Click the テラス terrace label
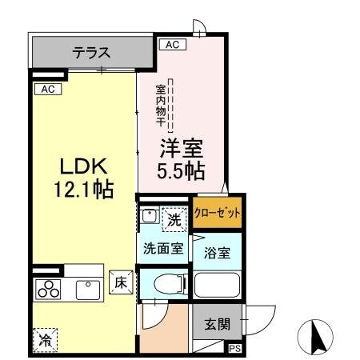coord(91,54)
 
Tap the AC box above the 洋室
coord(171,45)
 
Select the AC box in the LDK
coord(47,89)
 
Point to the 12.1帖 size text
coord(83,190)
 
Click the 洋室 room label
coord(182,149)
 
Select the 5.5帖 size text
coord(182,170)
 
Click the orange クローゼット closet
coord(218,215)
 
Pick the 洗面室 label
coord(163,248)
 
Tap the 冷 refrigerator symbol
coord(45,340)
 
